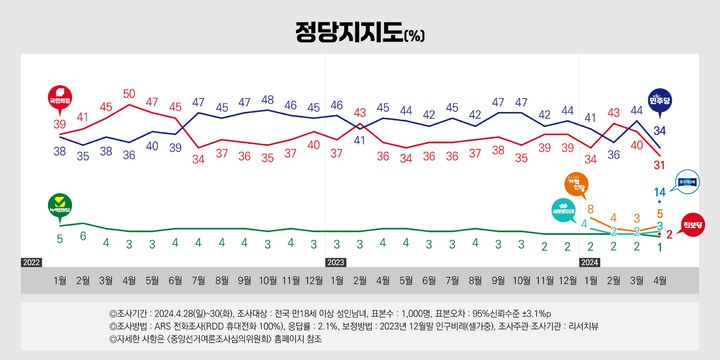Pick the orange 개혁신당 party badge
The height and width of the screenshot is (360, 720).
(575, 184)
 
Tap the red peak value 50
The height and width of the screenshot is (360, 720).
(129, 95)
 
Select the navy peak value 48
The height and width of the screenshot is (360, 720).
(268, 100)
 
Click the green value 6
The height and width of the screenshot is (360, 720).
(83, 237)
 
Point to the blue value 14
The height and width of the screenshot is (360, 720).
(660, 191)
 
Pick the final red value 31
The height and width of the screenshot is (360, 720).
(660, 164)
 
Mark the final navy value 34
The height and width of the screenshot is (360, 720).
(660, 130)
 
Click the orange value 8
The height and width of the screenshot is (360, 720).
(590, 208)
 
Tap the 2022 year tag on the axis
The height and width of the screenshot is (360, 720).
(32, 262)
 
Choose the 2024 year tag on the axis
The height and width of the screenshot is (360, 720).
(590, 262)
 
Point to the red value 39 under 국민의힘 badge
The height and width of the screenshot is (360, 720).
(59, 125)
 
